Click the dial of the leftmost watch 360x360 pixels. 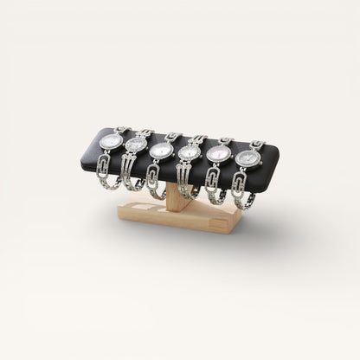110,140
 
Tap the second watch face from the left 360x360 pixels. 136,145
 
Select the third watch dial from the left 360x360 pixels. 161,150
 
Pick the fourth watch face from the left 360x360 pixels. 188,153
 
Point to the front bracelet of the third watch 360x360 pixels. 158,182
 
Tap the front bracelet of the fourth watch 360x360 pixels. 184,184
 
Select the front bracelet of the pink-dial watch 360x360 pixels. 212,187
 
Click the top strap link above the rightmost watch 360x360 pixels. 257,144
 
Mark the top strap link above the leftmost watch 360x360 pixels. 122,131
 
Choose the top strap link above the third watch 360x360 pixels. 172,136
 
